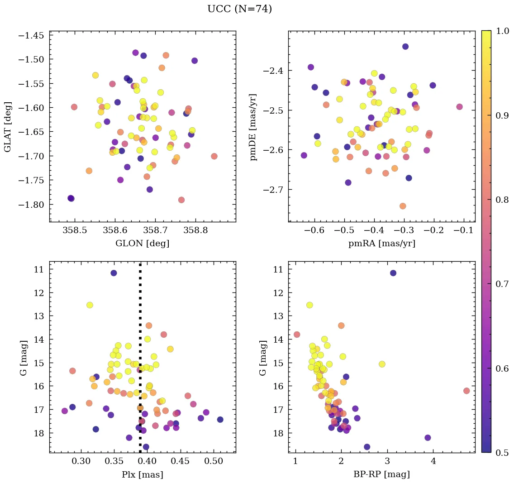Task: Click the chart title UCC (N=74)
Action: (239, 9)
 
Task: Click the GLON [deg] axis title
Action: (143, 244)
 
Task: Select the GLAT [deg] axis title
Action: (8, 126)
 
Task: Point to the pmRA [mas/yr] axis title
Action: (381, 244)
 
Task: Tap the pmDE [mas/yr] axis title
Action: (253, 126)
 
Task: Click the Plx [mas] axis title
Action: (143, 474)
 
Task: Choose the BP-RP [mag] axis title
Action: (381, 474)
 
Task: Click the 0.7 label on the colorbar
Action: (500, 284)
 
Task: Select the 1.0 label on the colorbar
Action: (500, 31)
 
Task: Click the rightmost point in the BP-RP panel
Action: (466, 391)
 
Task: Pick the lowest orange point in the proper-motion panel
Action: (403, 206)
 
